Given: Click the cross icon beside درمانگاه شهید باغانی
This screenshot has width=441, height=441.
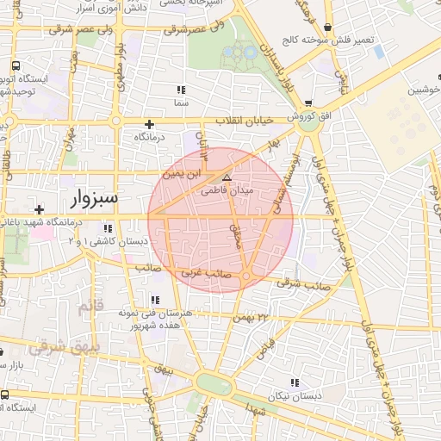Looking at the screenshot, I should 39,209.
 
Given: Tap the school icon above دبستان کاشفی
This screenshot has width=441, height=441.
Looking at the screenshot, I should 107,228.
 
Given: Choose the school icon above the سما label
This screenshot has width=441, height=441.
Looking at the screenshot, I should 180,90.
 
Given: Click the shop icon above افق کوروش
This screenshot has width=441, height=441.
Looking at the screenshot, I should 308,102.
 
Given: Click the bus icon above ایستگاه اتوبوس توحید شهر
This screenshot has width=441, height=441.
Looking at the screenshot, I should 16,65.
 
